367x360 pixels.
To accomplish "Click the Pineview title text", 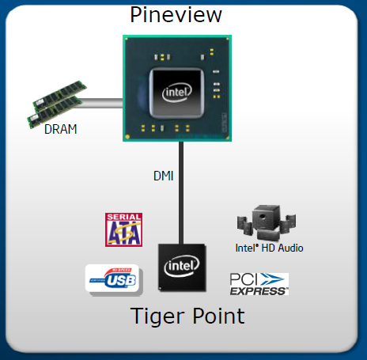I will click(x=176, y=14).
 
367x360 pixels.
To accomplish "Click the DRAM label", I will click(x=61, y=130).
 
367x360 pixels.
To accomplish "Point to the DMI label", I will click(x=164, y=176).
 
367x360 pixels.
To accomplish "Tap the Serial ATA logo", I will click(x=123, y=229).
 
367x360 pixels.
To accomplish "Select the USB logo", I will click(x=112, y=279).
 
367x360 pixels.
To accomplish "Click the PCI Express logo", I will click(x=259, y=283).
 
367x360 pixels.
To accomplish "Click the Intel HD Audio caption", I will click(x=269, y=248).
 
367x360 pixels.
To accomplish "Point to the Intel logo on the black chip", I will click(x=182, y=267).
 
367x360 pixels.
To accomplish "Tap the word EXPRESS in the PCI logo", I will click(x=259, y=291).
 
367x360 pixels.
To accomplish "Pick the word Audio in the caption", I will click(x=289, y=248).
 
